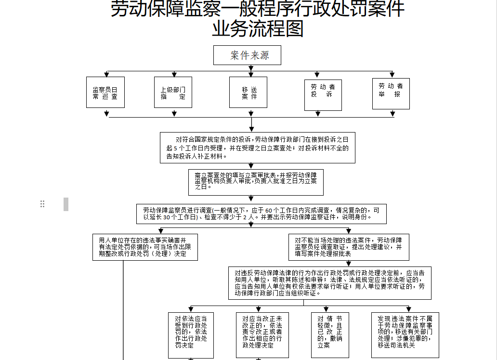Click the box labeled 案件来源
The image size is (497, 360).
(x=247, y=55)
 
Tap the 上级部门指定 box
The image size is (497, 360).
(x=173, y=93)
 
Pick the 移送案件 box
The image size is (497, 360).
(x=249, y=93)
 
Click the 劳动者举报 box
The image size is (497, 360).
(x=391, y=93)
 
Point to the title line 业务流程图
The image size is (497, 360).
(x=258, y=29)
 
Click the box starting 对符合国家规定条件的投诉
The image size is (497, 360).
(x=258, y=147)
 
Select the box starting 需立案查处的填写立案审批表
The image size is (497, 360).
(x=256, y=182)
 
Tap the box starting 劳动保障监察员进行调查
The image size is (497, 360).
(x=262, y=214)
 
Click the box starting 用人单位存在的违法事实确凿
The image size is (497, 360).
(x=145, y=247)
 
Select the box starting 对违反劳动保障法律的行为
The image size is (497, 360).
(x=329, y=282)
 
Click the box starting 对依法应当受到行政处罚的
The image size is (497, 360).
(x=191, y=334)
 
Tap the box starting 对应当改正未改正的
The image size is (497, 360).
(x=262, y=334)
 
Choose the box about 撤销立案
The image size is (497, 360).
(x=330, y=334)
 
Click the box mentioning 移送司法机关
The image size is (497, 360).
(x=405, y=334)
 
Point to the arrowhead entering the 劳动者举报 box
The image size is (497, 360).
(x=392, y=75)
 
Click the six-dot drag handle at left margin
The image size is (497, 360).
(x=42, y=204)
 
